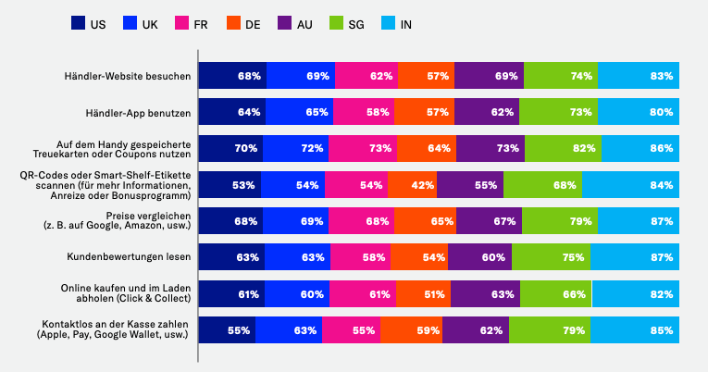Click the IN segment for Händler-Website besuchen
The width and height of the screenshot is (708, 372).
tap(639, 76)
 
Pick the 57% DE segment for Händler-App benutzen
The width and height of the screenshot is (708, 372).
tap(425, 112)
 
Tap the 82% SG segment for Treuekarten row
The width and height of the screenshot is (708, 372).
tap(563, 148)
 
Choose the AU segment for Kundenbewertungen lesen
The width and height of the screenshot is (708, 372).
tap(479, 257)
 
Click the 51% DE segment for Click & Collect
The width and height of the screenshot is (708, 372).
tap(423, 294)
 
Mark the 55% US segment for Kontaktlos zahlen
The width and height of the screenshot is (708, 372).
tap(227, 330)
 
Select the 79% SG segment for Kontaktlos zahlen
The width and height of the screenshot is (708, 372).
tap(549, 330)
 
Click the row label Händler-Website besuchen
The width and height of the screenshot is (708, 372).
tap(128, 76)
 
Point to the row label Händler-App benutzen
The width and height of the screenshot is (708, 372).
tap(136, 112)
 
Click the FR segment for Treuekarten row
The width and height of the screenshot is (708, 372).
tap(361, 148)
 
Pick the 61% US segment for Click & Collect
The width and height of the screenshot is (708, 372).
tap(230, 294)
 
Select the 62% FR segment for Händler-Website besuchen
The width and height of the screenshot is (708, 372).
tap(366, 76)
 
